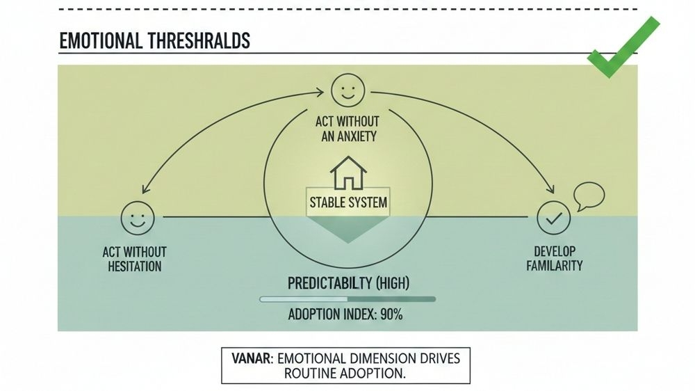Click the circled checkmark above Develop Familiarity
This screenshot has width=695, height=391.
pyautogui.click(x=554, y=218)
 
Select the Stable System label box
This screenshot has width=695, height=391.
pyautogui.click(x=348, y=205)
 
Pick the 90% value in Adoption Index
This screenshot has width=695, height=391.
pyautogui.click(x=391, y=314)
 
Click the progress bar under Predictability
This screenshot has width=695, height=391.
pyautogui.click(x=347, y=299)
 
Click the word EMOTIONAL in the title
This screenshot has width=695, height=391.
pyautogui.click(x=101, y=41)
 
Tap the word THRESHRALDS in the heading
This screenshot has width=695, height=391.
pyautogui.click(x=198, y=41)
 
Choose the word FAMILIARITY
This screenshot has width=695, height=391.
pyautogui.click(x=554, y=266)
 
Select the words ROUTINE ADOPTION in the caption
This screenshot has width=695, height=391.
pyautogui.click(x=345, y=373)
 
